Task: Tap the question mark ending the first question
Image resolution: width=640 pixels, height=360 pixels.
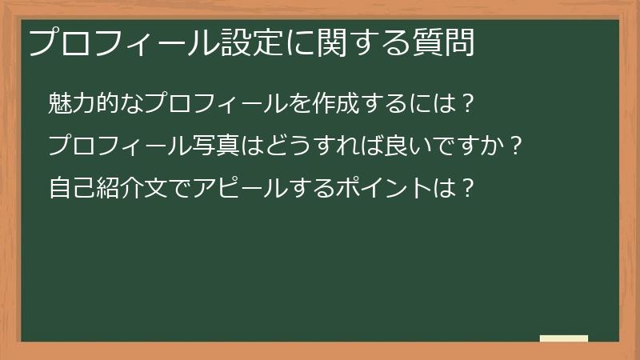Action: pos(470,103)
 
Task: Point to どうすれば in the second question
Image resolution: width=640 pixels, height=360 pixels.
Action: pos(310,147)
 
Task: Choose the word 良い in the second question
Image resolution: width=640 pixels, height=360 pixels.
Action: pos(395,147)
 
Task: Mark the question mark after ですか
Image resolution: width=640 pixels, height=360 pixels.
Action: pos(516,147)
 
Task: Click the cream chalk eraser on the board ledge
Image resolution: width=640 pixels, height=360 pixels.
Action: pos(564,338)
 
